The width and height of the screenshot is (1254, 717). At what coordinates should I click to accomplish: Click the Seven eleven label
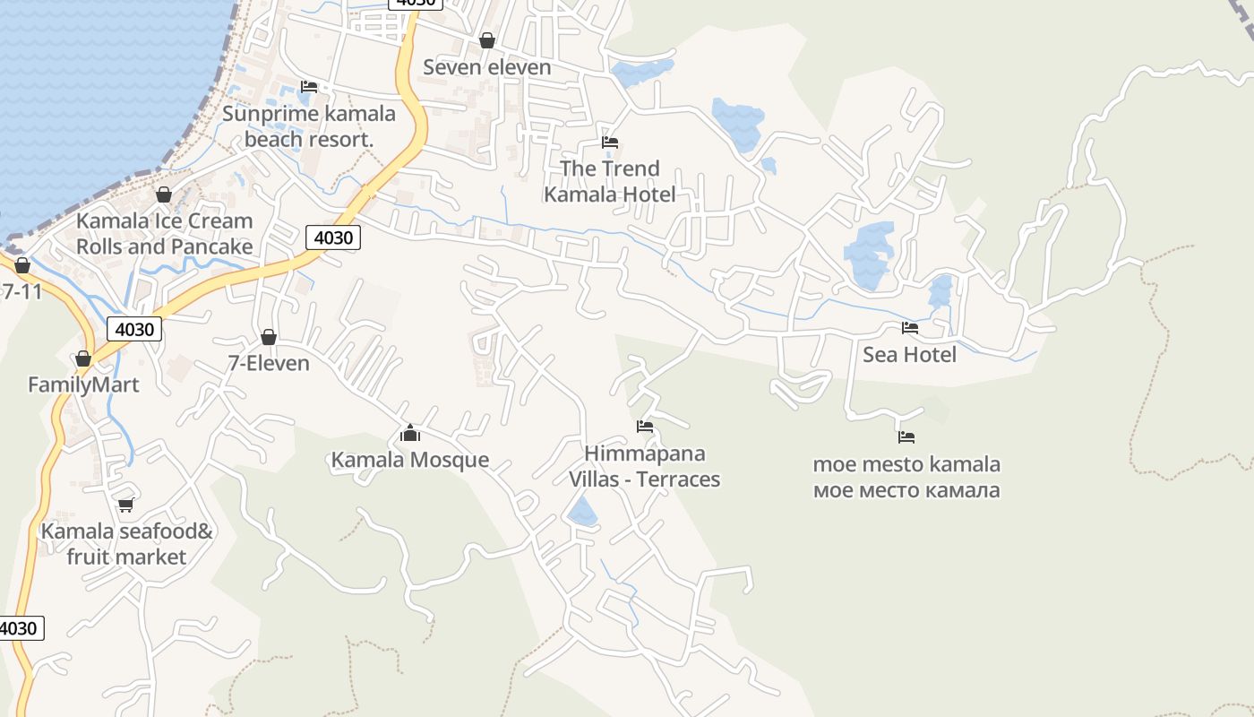coord(486,67)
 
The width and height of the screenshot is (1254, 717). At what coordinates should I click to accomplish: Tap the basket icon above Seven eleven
coord(486,40)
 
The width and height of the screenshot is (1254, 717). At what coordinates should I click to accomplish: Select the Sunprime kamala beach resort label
coord(309,126)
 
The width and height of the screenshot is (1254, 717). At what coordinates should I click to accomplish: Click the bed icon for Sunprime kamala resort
coord(309,87)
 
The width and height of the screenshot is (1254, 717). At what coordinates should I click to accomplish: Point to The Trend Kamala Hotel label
coord(610,181)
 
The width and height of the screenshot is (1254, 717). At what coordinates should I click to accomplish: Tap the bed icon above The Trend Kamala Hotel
coord(610,143)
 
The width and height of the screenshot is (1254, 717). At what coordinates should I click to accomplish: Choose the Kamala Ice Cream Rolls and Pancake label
coord(164,233)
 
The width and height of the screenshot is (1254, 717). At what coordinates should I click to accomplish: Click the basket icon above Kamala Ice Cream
coord(164,194)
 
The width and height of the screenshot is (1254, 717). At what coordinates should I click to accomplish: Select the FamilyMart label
coord(83,384)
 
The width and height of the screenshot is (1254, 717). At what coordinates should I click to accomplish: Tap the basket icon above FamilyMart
coord(83,358)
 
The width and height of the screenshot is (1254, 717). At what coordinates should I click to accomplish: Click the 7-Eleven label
coord(269,363)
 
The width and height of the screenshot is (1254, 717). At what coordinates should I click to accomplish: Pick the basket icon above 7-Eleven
coord(268,337)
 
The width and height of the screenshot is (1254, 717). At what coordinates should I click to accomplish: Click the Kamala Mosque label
coord(410,460)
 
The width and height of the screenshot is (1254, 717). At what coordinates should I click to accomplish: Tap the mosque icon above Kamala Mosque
coord(410,434)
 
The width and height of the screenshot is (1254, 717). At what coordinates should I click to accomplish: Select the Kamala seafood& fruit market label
coord(126,544)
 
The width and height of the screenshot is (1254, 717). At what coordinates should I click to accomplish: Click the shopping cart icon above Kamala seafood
coord(126,505)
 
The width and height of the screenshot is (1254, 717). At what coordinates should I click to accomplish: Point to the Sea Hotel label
coord(909,355)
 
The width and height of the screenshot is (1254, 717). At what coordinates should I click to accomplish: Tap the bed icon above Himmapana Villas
coord(645,427)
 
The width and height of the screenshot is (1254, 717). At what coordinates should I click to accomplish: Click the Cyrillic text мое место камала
coord(906,490)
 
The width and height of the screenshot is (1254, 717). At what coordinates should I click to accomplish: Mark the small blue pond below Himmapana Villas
coord(582,513)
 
